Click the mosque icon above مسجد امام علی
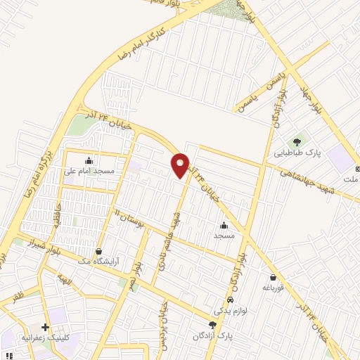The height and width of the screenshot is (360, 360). [x=89, y=159]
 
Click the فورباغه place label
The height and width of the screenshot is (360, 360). [x=273, y=288]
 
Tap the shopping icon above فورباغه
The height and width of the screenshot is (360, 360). [x=273, y=277]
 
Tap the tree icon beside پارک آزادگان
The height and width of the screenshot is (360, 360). [x=212, y=324]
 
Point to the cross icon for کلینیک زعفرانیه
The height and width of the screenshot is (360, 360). [x=46, y=327]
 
